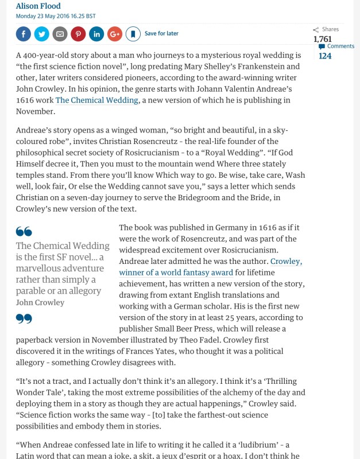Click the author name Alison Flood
pyautogui.click(x=38, y=6)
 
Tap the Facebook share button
pyautogui.click(x=24, y=34)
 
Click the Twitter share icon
pyautogui.click(x=42, y=34)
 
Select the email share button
pyautogui.click(x=60, y=34)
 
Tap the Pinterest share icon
pyautogui.click(x=78, y=34)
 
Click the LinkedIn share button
pyautogui.click(x=96, y=34)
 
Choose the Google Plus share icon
pyautogui.click(x=114, y=34)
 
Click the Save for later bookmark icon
pyautogui.click(x=133, y=34)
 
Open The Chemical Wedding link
pyautogui.click(x=97, y=100)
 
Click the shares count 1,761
pyautogui.click(x=323, y=39)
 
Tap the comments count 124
pyautogui.click(x=325, y=56)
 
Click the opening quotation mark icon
pyautogui.click(x=24, y=232)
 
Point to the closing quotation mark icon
pyautogui.click(x=24, y=318)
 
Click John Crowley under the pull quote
pyautogui.click(x=40, y=302)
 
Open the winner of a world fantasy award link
pyautogui.click(x=176, y=273)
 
